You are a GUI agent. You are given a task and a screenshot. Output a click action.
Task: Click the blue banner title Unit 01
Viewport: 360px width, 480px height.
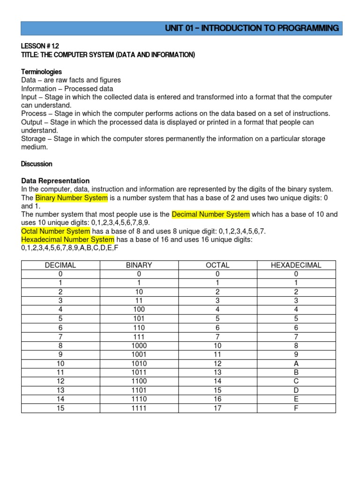point(252,28)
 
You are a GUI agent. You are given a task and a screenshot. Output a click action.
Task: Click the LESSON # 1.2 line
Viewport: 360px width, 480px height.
point(40,46)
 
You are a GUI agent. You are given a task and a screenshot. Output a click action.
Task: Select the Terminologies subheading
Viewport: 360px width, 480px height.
point(41,72)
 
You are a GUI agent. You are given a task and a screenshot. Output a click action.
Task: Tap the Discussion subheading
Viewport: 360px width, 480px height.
point(37,164)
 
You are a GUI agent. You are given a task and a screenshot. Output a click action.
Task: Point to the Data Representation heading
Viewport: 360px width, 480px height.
point(55,180)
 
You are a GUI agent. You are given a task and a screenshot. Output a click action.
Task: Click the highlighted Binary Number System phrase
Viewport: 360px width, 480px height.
point(72,198)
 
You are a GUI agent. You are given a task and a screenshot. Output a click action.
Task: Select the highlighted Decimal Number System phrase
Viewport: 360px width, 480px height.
point(210,214)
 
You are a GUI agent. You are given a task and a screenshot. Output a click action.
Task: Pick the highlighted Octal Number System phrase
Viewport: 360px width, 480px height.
point(55,231)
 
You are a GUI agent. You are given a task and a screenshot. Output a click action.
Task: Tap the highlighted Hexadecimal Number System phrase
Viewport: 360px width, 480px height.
point(67,240)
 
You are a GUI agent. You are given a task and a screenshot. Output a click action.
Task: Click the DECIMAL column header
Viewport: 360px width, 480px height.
point(60,265)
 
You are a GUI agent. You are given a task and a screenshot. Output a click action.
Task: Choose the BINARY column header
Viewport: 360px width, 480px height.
point(139,265)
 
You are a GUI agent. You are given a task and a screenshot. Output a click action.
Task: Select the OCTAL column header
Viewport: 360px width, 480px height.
point(217,265)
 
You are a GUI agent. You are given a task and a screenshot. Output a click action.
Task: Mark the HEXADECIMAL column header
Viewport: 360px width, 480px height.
point(296,265)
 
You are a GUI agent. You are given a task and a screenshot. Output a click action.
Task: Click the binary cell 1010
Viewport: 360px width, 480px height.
point(139,364)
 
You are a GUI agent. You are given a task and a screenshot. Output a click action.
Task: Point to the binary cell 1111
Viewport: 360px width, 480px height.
point(139,408)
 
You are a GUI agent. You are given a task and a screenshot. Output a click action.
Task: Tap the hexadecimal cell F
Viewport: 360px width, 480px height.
point(296,408)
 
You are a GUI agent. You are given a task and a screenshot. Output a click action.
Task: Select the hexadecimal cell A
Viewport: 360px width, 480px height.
point(296,364)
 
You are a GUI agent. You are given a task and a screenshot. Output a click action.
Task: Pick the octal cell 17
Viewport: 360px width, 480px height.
point(217,408)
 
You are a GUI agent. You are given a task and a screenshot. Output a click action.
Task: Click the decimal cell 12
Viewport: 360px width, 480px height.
point(60,382)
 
